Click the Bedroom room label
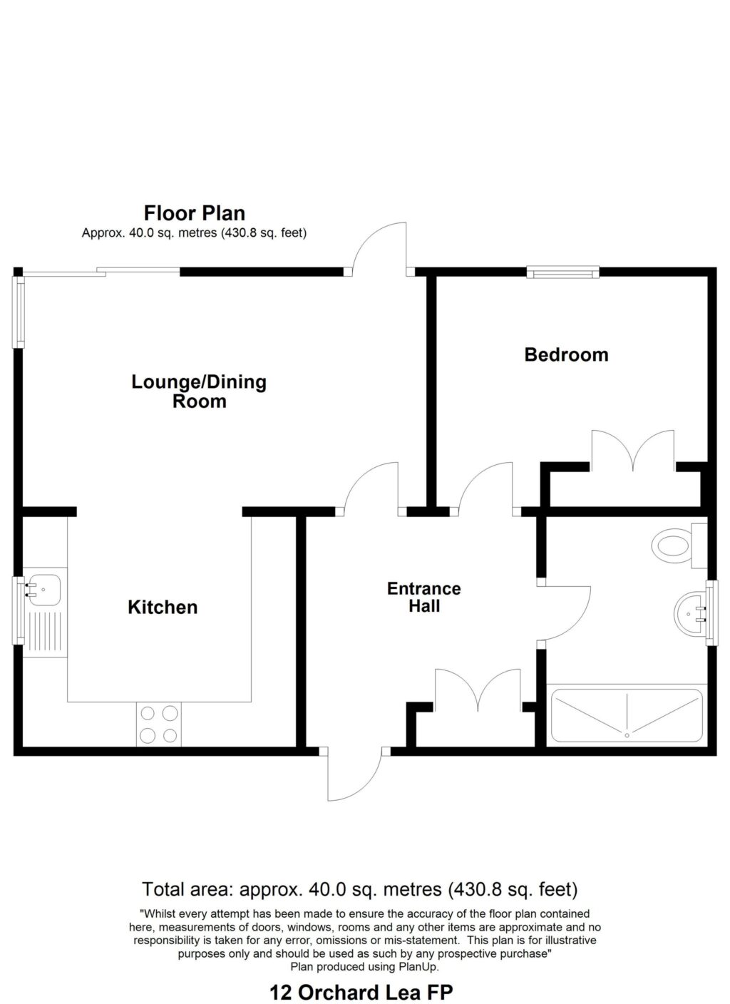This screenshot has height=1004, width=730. [x=566, y=354]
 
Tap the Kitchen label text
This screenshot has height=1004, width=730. [x=163, y=608]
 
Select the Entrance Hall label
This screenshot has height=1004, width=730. [x=423, y=598]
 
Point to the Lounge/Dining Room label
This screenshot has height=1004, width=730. [x=199, y=391]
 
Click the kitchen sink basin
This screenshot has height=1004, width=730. [x=44, y=589]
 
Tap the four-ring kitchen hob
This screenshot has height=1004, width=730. [x=159, y=724]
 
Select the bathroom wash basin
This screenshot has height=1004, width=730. [x=689, y=612]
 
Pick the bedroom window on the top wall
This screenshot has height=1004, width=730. [x=562, y=271]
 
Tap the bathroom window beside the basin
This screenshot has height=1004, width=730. [x=711, y=613]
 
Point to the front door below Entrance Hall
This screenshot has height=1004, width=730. [x=354, y=776]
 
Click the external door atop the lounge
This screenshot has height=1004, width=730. [x=380, y=247]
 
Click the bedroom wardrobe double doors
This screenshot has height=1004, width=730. [x=632, y=452]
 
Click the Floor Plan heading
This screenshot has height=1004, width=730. [x=194, y=213]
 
